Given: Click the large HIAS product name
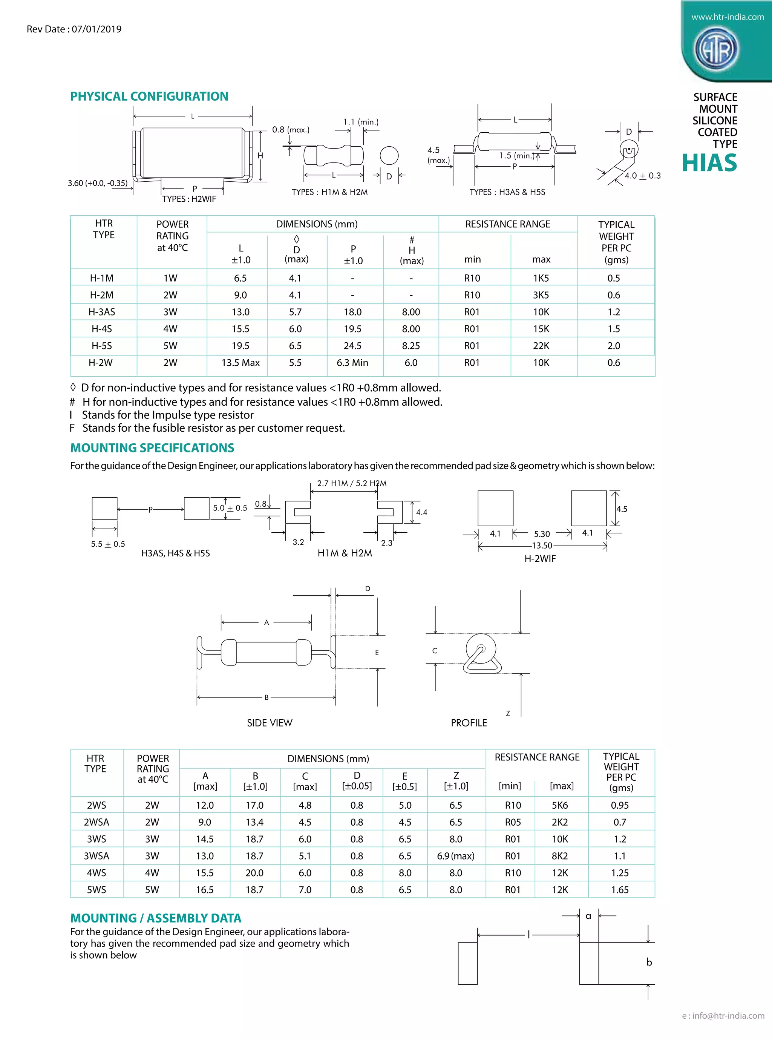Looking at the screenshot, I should [709, 163].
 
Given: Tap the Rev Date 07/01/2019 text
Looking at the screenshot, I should [74, 29].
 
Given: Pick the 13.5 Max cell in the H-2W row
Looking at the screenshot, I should [240, 363].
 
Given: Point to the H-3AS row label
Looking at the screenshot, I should [101, 312].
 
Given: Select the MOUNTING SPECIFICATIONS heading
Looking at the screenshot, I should [152, 448].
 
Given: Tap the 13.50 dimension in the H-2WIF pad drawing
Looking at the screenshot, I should [542, 546].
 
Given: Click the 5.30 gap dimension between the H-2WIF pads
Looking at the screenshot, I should [542, 534].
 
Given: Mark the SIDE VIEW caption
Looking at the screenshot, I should [269, 723].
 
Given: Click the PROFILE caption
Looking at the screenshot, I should [468, 723].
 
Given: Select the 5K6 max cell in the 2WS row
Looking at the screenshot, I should [559, 805].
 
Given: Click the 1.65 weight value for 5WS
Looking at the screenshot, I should [620, 890].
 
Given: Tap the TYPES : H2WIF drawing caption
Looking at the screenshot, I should [189, 199].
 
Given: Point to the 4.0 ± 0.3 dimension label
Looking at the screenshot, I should [643, 176].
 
